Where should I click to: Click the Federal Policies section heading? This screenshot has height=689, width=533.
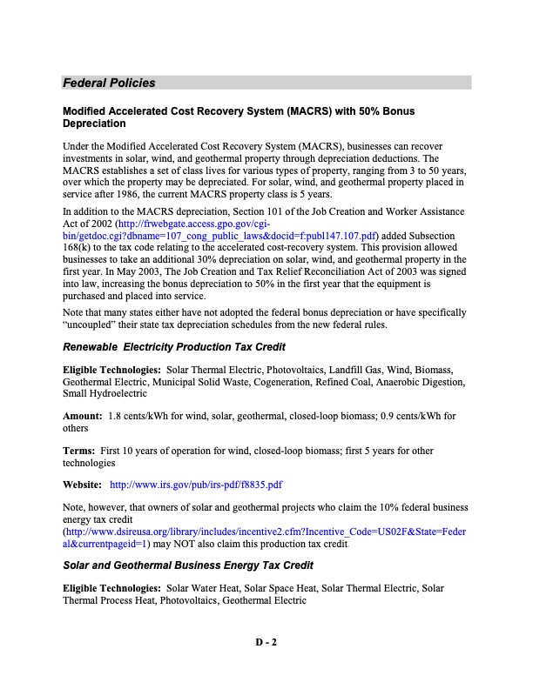pyautogui.click(x=109, y=84)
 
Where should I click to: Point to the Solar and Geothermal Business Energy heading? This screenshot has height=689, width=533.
pyautogui.click(x=188, y=540)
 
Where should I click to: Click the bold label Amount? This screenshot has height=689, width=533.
pyautogui.click(x=82, y=416)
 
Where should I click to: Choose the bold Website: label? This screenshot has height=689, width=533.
pyautogui.click(x=84, y=484)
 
